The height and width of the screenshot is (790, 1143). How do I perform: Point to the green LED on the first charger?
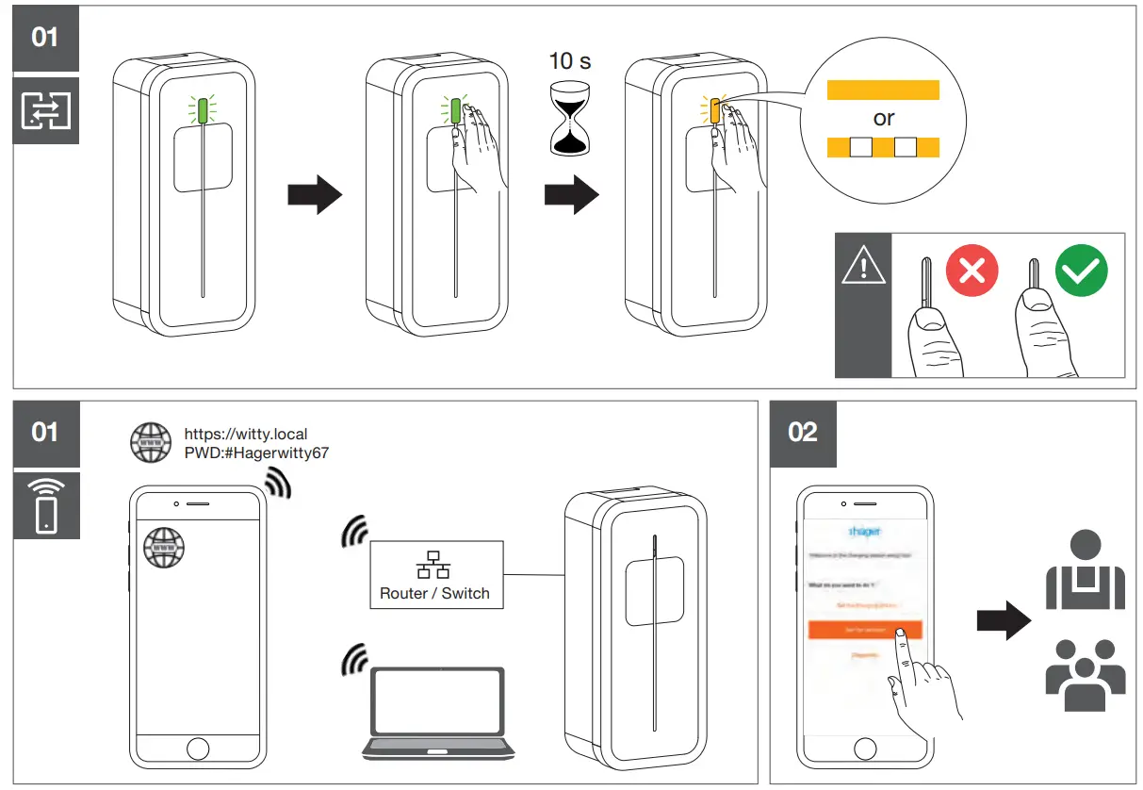203,110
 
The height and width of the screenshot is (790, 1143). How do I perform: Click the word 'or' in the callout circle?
883,119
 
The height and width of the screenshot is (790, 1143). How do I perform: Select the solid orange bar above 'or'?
883,90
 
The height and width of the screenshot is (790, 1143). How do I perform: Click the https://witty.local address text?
245,435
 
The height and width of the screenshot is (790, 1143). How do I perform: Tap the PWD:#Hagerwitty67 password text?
255,453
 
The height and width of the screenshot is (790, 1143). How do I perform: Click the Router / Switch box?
435,574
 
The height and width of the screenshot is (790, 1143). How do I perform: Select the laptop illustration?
440,713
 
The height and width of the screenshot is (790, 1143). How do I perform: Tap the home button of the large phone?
198,750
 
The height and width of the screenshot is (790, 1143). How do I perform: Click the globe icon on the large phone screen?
163,547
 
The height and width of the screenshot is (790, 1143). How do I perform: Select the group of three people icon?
1085,673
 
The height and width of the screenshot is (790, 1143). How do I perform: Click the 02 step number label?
802,433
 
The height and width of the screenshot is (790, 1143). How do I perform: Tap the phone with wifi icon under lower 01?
45,505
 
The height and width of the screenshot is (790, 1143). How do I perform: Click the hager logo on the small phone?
864,531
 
